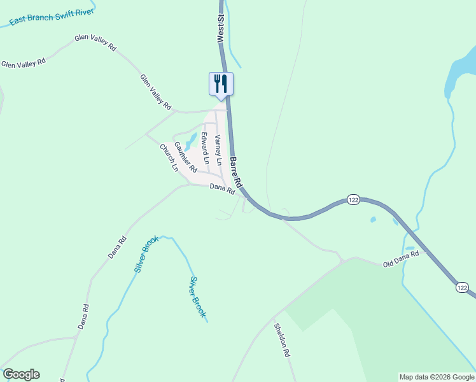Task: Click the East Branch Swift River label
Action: pyautogui.click(x=52, y=17)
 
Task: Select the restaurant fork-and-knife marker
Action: pyautogui.click(x=221, y=83)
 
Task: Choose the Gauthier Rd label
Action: pyautogui.click(x=185, y=157)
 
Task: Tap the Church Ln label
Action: pyautogui.click(x=169, y=159)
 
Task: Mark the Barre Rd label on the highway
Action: pyautogui.click(x=236, y=171)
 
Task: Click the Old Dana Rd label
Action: pyautogui.click(x=400, y=259)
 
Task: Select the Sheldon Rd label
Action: pyautogui.click(x=282, y=339)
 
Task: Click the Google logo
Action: pyautogui.click(x=21, y=374)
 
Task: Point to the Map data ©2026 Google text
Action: pyautogui.click(x=437, y=377)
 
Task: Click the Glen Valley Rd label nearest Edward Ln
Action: pyautogui.click(x=156, y=90)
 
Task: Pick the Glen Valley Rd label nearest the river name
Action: pyautogui.click(x=95, y=42)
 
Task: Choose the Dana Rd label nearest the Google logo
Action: pyautogui.click(x=83, y=316)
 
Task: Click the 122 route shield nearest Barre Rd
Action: pyautogui.click(x=354, y=200)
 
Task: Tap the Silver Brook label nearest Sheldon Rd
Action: pyautogui.click(x=198, y=297)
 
